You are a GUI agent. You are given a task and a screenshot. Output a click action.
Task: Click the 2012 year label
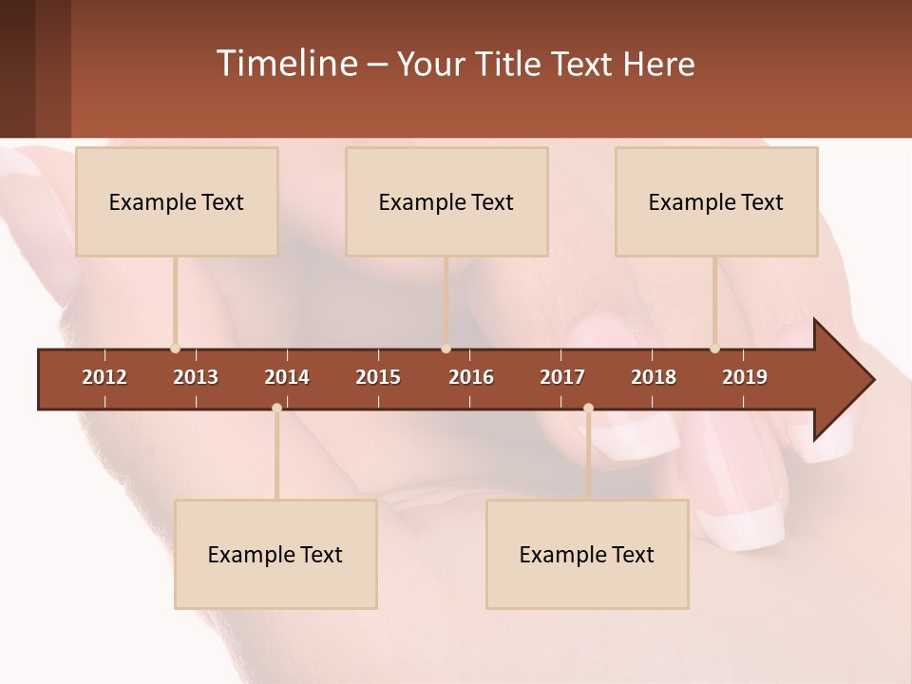pos(104,377)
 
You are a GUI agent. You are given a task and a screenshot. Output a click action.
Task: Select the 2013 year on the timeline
pos(196,377)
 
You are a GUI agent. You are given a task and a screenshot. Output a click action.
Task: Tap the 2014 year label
pos(287,377)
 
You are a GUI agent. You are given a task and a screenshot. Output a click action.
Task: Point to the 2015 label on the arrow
pos(378,377)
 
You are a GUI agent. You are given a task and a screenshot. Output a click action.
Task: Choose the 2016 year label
pos(471,377)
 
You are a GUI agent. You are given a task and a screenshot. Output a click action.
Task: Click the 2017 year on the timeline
pos(562,377)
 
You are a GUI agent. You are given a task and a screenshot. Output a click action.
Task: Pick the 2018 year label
pos(654,377)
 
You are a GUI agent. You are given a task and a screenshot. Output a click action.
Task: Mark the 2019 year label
pos(745,377)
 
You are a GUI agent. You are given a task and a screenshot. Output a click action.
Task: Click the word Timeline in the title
pos(285,64)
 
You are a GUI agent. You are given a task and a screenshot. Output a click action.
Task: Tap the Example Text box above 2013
pos(177,201)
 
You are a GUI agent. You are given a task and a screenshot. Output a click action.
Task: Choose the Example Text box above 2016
pos(446,201)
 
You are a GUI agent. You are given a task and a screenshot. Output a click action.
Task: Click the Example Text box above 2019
pos(716,201)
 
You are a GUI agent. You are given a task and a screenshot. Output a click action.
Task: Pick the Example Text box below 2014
pos(275,554)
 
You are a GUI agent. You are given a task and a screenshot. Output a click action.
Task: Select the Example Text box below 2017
pos(587,554)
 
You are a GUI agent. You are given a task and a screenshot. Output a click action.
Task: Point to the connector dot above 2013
pos(175,349)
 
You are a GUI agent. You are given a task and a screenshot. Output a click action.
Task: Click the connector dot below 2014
pos(276,408)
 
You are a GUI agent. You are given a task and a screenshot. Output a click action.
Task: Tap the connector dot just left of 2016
pos(446,349)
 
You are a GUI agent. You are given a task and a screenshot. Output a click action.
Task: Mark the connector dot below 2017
pos(588,408)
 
